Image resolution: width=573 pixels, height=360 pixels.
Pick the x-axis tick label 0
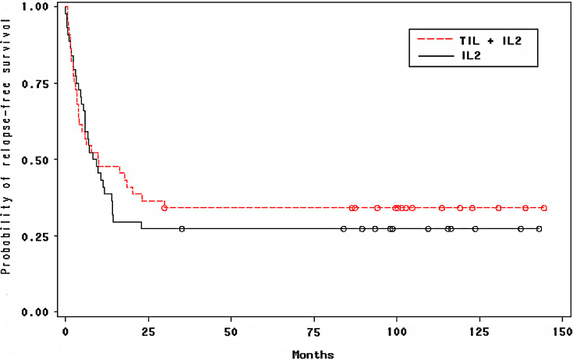tap(65, 330)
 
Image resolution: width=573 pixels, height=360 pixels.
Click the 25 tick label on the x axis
tap(148, 330)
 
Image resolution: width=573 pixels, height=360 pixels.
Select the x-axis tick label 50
tap(231, 330)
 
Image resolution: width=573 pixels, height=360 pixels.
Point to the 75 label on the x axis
tap(313, 330)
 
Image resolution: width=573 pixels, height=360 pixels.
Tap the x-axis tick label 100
tap(396, 330)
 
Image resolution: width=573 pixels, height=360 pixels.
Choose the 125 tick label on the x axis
tap(479, 330)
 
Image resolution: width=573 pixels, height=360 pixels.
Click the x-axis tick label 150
tap(561, 330)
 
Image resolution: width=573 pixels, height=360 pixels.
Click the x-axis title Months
tap(313, 355)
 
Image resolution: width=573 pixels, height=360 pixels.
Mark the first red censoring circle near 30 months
tap(164, 208)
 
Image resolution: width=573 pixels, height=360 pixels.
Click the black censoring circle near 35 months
tap(182, 229)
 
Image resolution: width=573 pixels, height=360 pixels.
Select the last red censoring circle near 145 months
tap(544, 208)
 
